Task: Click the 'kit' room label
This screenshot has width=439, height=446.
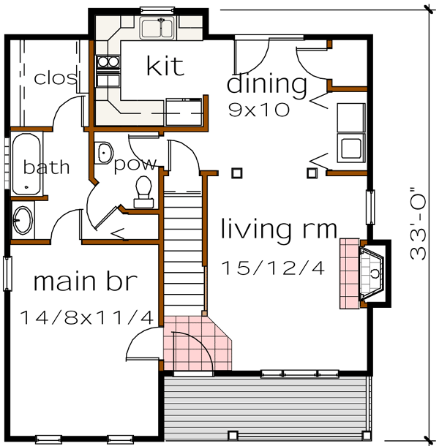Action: [x=165, y=66]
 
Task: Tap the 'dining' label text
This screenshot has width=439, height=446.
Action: [x=267, y=84]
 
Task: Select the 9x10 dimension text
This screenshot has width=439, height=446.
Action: [x=259, y=110]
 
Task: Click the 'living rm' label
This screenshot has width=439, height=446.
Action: [x=279, y=230]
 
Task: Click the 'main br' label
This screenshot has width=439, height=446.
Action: [x=85, y=281]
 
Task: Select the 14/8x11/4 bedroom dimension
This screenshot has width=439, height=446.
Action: [x=86, y=317]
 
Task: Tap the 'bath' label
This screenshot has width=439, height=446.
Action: [x=46, y=167]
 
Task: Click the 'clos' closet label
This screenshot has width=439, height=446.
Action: [x=56, y=78]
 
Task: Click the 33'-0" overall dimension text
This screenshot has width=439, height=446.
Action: [x=419, y=223]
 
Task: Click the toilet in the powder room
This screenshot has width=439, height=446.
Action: [x=143, y=189]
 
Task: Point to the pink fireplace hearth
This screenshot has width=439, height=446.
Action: [x=350, y=273]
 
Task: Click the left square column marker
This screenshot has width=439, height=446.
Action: [x=236, y=173]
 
